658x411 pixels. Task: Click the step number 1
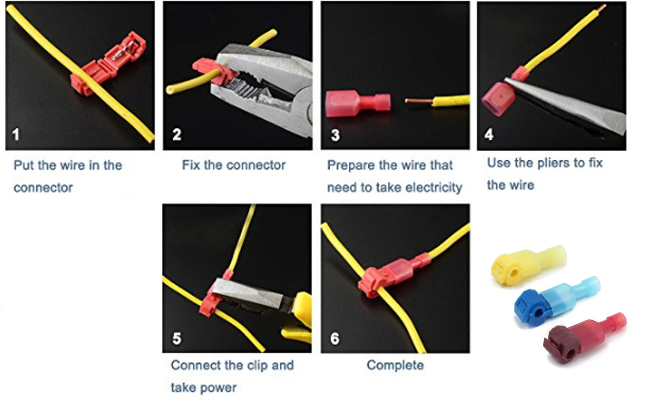tap(16, 134)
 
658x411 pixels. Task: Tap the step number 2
tap(176, 134)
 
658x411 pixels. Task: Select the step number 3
tap(335, 135)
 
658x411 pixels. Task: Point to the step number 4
tap(489, 134)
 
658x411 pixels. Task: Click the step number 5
tap(177, 338)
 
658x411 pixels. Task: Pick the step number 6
tap(335, 338)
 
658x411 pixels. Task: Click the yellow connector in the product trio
tap(528, 265)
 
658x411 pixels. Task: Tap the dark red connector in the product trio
tap(584, 337)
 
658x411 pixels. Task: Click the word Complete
tap(395, 365)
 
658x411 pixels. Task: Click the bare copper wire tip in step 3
tap(418, 101)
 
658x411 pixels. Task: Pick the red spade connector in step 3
tap(358, 104)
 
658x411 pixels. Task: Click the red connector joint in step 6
tap(393, 274)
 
